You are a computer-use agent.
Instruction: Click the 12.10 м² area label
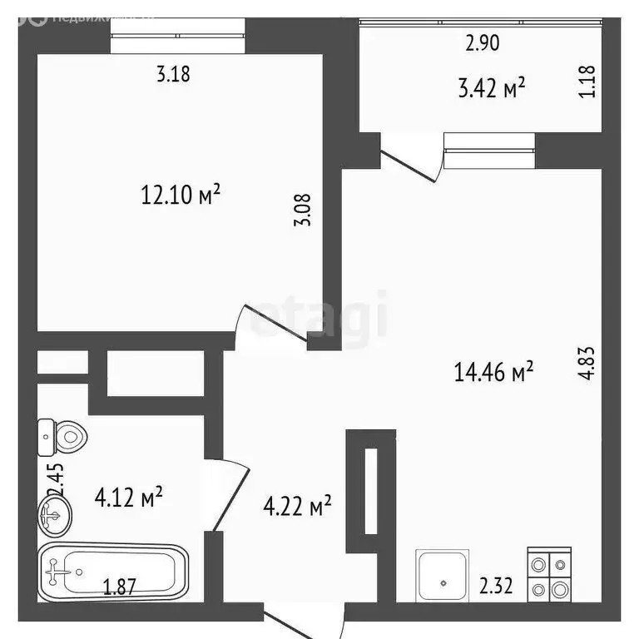(181, 196)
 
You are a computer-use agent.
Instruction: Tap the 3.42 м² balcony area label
(492, 87)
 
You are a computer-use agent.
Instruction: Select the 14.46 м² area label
(493, 372)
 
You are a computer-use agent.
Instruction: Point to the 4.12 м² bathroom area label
(129, 498)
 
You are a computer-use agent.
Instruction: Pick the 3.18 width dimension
(174, 74)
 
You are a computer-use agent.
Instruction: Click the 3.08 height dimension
(305, 210)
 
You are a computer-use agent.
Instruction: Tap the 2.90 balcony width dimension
(483, 43)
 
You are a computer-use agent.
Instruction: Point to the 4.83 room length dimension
(588, 363)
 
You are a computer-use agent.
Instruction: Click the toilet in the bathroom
(63, 434)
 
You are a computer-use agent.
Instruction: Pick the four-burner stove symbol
(549, 574)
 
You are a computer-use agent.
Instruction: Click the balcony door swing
(409, 162)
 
